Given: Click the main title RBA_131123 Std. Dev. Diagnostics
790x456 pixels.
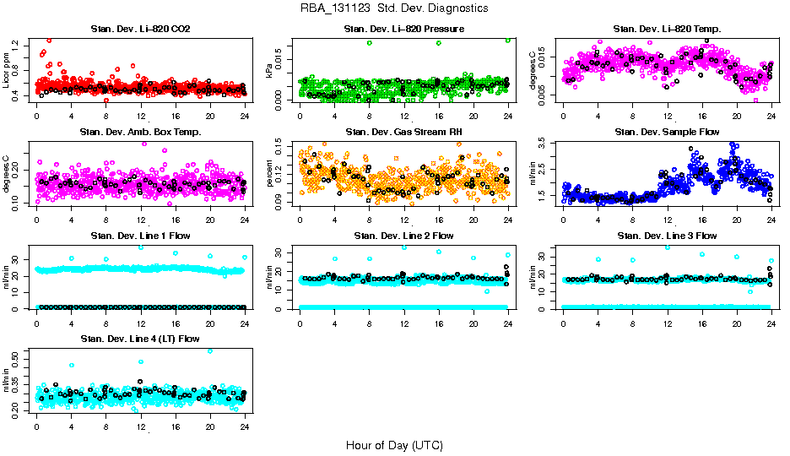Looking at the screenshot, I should tap(393, 8).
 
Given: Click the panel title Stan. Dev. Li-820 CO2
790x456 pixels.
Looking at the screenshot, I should tap(140, 30).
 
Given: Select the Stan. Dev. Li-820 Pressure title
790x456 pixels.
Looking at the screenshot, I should tap(403, 30).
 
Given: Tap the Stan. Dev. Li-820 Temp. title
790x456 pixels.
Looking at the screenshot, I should tap(667, 30).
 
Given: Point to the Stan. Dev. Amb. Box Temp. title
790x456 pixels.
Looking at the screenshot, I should tap(140, 133).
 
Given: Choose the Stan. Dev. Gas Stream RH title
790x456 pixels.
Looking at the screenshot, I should tap(403, 133).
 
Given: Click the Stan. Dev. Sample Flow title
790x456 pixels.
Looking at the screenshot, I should tap(667, 133).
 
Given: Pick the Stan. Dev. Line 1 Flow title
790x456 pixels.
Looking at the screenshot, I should tap(140, 236).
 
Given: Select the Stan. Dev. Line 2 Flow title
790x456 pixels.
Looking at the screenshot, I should tap(403, 236).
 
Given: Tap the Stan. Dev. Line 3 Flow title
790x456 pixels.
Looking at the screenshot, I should tap(667, 236).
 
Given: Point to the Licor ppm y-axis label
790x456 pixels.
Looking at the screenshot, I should tap(7, 69).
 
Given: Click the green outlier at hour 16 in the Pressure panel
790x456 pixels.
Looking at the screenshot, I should tap(439, 42).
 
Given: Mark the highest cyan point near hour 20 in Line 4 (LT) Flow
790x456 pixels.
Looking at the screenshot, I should tap(210, 350).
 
